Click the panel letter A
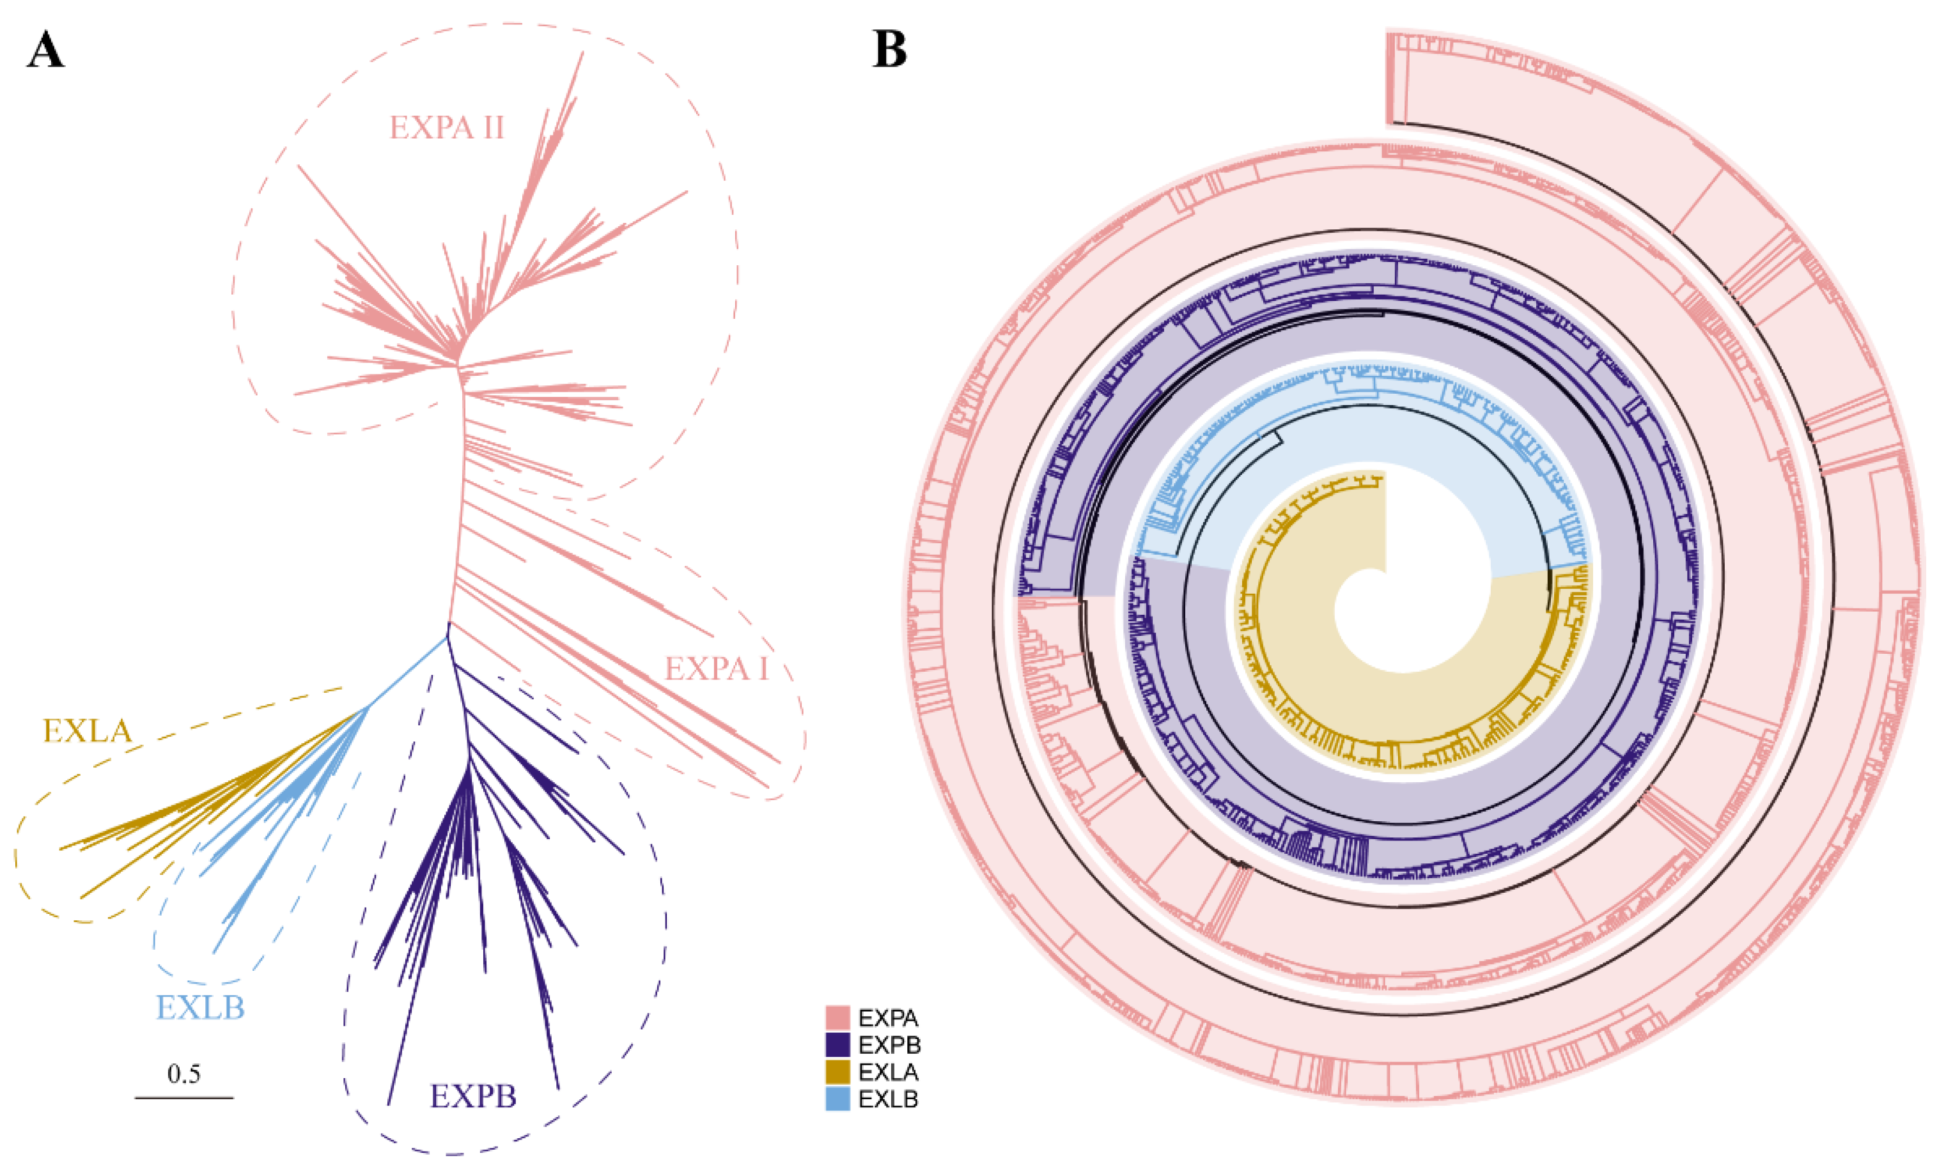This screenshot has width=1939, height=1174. click(45, 51)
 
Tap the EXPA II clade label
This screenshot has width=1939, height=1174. click(446, 127)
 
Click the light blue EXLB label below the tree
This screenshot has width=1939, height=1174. click(201, 1008)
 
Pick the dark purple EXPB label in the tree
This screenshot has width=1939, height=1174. click(473, 1096)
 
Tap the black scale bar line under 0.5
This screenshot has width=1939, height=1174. click(184, 1097)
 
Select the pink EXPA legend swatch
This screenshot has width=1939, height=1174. click(838, 1018)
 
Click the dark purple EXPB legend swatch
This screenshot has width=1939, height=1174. click(838, 1045)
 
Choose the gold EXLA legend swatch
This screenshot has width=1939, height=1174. click(838, 1072)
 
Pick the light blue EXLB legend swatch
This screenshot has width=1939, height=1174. click(838, 1099)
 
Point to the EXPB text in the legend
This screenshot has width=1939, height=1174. click(889, 1045)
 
